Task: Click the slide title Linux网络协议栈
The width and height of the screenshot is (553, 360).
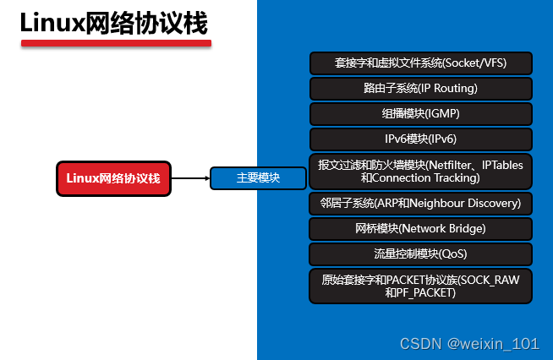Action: click(113, 23)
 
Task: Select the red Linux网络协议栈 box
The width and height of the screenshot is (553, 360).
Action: click(113, 178)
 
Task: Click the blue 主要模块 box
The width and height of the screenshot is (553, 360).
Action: click(258, 178)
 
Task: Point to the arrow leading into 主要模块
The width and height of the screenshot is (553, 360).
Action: click(190, 178)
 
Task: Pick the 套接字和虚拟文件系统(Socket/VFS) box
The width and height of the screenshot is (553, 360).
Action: click(420, 63)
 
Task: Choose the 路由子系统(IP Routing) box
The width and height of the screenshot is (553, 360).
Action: click(420, 88)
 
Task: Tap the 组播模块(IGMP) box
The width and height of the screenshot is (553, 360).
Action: click(420, 113)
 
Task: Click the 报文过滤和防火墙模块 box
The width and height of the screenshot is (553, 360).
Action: click(420, 172)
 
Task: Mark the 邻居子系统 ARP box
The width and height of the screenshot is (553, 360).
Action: click(420, 204)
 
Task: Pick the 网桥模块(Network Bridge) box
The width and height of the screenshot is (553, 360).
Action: click(420, 228)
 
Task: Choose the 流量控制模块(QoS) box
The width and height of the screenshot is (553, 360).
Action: click(420, 254)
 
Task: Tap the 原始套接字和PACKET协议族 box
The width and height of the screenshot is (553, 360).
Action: click(420, 286)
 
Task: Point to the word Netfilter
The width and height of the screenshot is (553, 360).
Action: click(453, 165)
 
